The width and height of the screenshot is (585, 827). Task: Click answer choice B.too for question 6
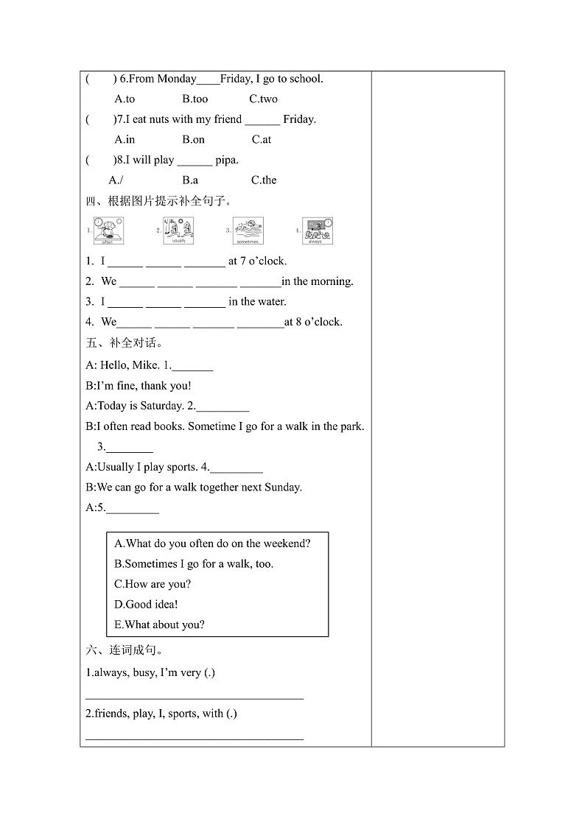click(195, 99)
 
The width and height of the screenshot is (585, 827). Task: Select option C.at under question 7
click(262, 139)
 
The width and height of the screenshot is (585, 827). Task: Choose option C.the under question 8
click(264, 180)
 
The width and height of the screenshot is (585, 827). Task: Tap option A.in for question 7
click(125, 139)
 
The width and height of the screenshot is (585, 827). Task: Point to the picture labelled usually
click(178, 230)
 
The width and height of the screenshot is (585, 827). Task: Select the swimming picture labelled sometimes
click(248, 230)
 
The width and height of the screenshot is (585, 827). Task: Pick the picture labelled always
click(318, 230)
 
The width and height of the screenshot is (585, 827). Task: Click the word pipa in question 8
click(226, 160)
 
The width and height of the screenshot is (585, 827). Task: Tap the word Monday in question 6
click(177, 79)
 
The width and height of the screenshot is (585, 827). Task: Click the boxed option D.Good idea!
click(147, 605)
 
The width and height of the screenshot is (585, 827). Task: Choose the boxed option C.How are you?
click(153, 584)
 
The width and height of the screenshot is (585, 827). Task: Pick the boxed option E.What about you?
click(160, 624)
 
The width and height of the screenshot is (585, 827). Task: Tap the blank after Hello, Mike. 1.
click(192, 367)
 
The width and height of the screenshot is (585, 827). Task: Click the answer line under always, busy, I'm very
click(195, 695)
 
